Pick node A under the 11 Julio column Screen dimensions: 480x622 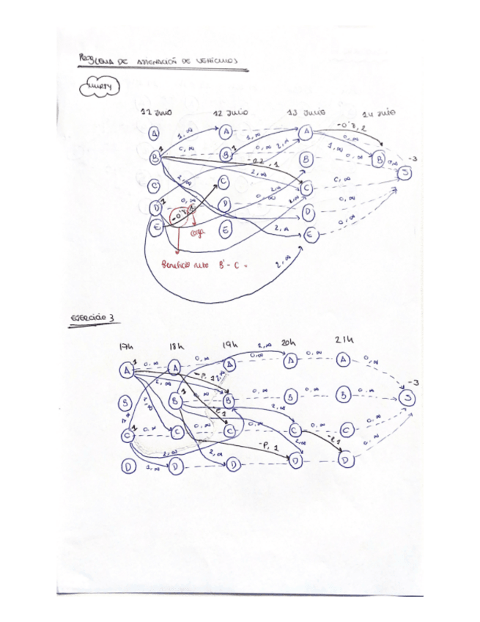point(155,133)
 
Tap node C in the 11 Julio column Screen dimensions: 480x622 point(155,186)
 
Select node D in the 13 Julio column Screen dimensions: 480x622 point(309,213)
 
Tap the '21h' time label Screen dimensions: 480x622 point(343,340)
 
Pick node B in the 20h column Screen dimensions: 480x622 point(291,396)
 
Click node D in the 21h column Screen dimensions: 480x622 point(345,460)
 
